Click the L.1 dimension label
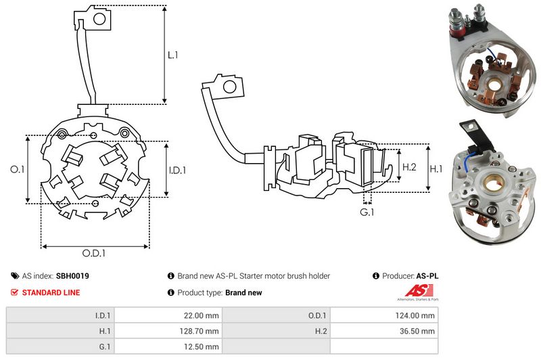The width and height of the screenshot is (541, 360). pos(172,55)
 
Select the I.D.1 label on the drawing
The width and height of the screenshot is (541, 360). pos(177,170)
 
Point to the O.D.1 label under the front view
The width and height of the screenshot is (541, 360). pos(94,253)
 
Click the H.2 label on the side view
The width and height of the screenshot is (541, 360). pos(408,167)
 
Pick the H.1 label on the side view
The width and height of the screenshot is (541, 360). pos(437,167)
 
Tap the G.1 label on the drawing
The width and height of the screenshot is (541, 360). pos(367,212)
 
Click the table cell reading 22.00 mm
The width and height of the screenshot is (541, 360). pos(203,315)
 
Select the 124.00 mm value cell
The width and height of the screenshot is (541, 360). pos(419,315)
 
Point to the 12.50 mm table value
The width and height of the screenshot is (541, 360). pos(203,346)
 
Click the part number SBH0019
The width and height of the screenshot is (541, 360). pos(72,276)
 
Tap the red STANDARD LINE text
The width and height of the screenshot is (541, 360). pos(51,292)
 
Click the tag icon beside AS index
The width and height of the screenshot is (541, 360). pos(15,276)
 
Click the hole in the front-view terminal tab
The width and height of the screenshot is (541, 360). pos(99,18)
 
